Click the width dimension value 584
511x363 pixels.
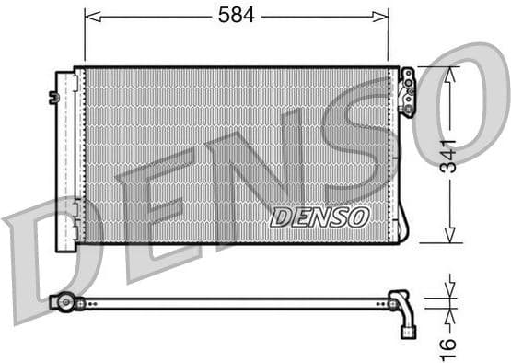tap(236, 15)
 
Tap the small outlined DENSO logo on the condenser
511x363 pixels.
tap(319, 217)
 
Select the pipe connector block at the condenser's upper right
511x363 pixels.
tap(407, 91)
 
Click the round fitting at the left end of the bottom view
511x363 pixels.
tap(64, 301)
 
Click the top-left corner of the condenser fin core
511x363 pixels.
tap(86, 69)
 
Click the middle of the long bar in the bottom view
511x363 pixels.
tap(230, 301)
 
